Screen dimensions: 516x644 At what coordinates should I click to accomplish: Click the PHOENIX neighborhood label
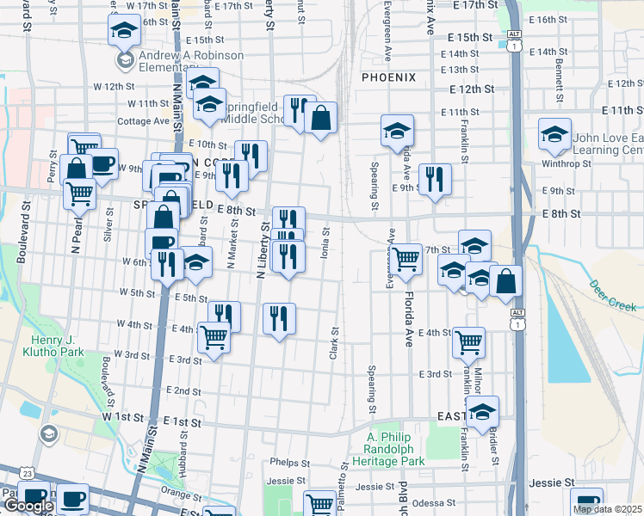388,77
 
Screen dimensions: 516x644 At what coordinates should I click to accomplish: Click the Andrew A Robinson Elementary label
180,62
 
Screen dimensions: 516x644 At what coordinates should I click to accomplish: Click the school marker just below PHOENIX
397,131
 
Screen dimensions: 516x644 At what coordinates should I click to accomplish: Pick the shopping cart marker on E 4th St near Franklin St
468,342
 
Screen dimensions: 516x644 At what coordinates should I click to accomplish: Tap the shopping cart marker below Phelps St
319,503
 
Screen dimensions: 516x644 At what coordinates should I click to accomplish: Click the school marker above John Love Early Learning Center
554,133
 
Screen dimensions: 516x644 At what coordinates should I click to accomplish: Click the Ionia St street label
325,241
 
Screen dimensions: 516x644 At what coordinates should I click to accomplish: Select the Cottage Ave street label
142,121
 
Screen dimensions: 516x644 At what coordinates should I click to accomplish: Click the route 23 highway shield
28,474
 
